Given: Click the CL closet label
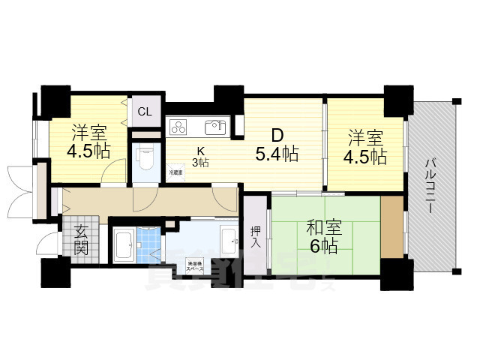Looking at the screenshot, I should click(x=145, y=112).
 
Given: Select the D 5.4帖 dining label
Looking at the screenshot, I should click(x=277, y=145).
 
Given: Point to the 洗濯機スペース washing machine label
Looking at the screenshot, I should click(x=196, y=264).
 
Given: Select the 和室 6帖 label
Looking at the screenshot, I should click(x=321, y=236).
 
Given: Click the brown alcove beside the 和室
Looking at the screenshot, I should click(x=391, y=226).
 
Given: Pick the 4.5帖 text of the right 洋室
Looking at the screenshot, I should click(x=365, y=157).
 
